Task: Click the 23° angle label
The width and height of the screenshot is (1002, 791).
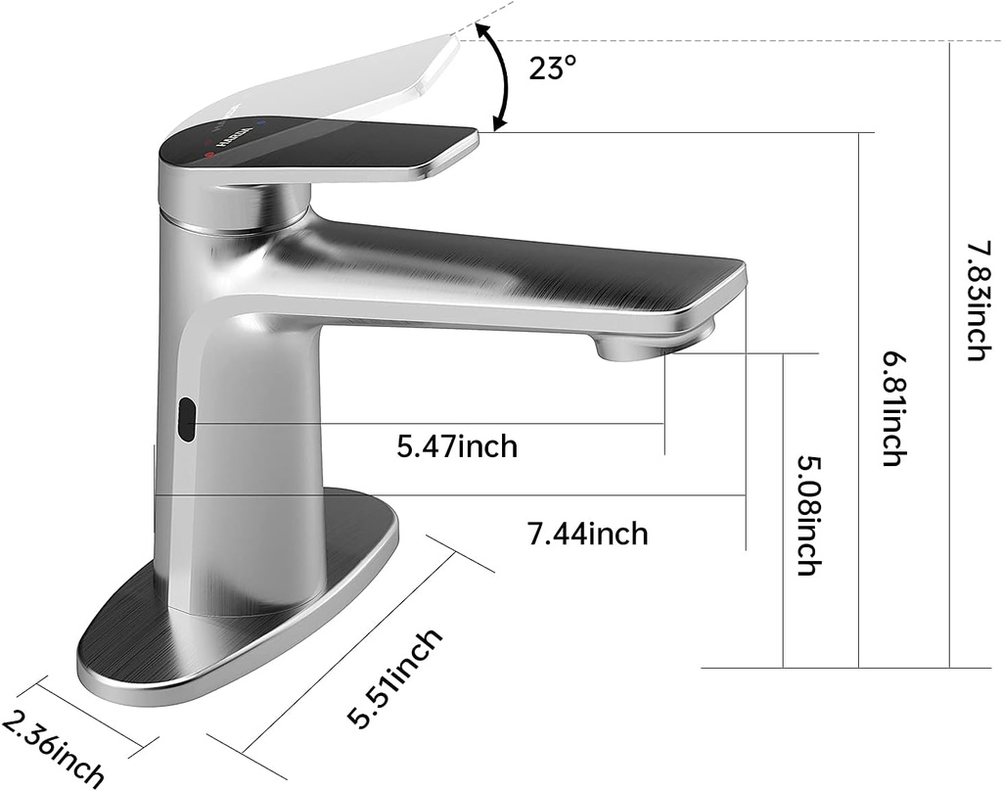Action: coord(554,70)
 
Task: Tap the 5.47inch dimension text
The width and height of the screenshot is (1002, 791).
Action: coord(457,447)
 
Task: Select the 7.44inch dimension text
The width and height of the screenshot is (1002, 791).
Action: coord(587,534)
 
